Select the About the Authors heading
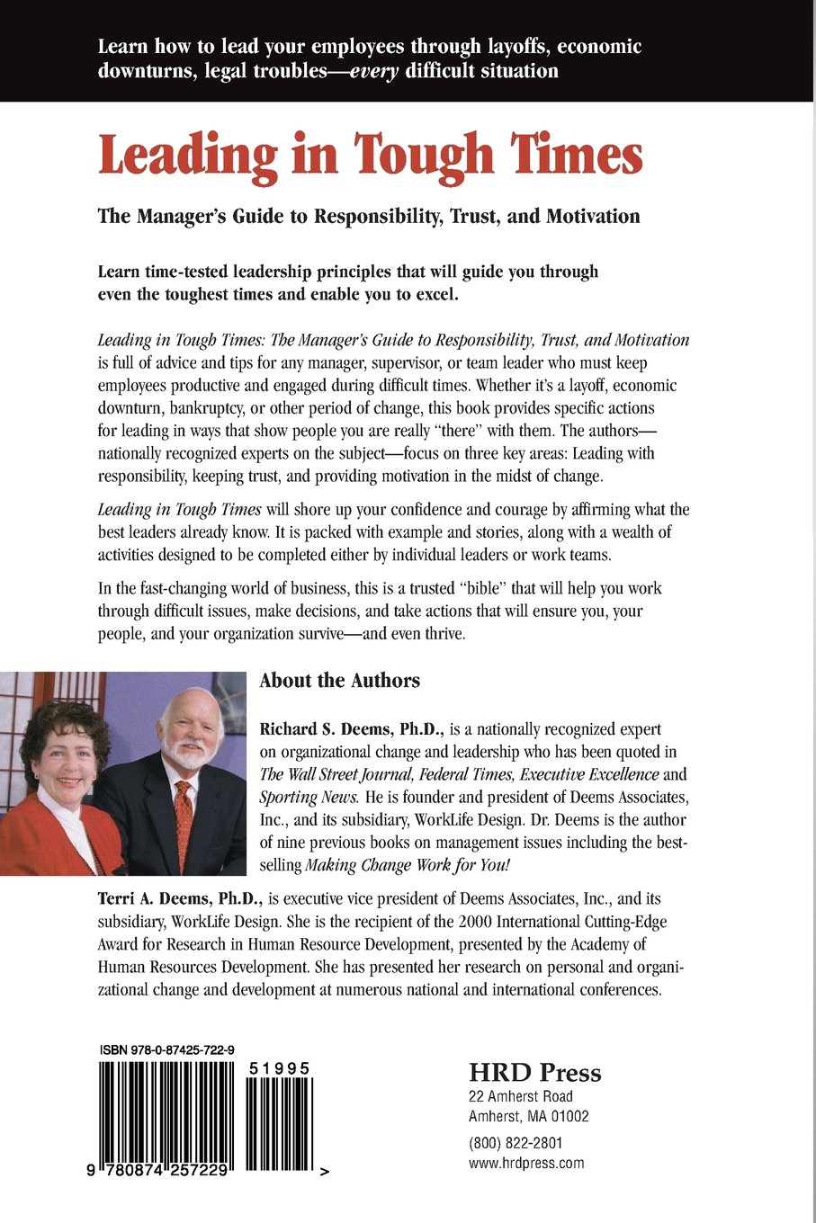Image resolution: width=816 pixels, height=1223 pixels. point(339,681)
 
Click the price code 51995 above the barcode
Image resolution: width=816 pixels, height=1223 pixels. point(280,1068)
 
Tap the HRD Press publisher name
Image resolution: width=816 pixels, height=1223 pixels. point(534,1073)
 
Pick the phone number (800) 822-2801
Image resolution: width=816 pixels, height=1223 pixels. point(516,1143)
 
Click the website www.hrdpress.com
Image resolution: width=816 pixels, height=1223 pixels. point(526,1163)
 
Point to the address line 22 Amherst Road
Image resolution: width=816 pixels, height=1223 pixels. point(521,1096)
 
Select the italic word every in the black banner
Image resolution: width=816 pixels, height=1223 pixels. point(373,71)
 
